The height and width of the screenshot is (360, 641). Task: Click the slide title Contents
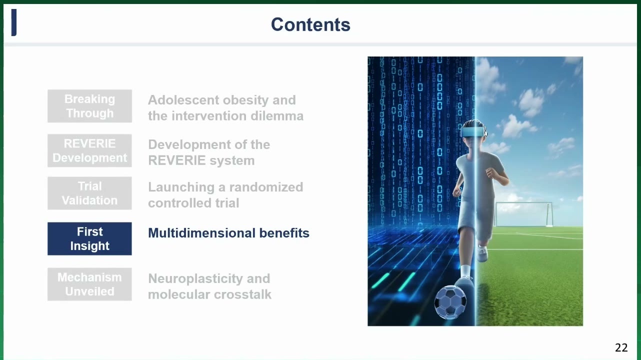pyautogui.click(x=310, y=24)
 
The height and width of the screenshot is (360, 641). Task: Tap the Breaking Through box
pyautogui.click(x=89, y=106)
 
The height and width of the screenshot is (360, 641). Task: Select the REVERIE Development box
pyautogui.click(x=89, y=150)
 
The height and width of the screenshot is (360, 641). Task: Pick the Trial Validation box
pyautogui.click(x=89, y=193)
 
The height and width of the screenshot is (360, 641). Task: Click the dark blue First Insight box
pyautogui.click(x=89, y=238)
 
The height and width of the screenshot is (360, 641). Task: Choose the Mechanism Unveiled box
pyautogui.click(x=89, y=284)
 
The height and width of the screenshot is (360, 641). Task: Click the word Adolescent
pyautogui.click(x=183, y=100)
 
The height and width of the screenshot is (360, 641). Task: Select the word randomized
pyautogui.click(x=266, y=187)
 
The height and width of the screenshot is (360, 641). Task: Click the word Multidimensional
pyautogui.click(x=201, y=233)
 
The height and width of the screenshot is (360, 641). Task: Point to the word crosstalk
pyautogui.click(x=242, y=294)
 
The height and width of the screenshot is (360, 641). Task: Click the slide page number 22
pyautogui.click(x=621, y=347)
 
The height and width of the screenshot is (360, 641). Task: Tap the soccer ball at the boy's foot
pyautogui.click(x=450, y=302)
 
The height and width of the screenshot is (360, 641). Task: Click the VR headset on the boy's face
pyautogui.click(x=473, y=132)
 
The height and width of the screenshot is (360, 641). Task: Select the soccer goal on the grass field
pyautogui.click(x=524, y=214)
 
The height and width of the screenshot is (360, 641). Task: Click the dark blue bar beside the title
pyautogui.click(x=13, y=22)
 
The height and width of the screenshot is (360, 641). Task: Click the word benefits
pyautogui.click(x=284, y=233)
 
